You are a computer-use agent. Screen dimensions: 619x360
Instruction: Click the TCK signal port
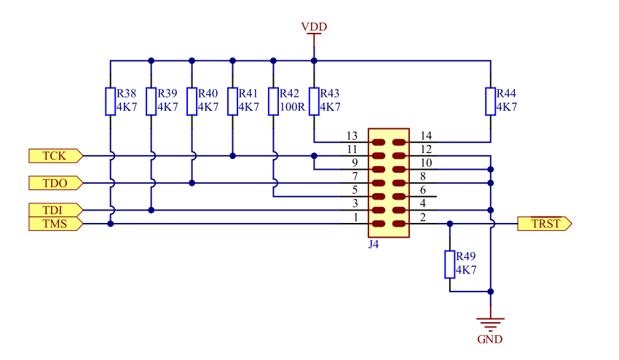click(x=55, y=156)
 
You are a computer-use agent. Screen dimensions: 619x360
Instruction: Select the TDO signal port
click(x=55, y=183)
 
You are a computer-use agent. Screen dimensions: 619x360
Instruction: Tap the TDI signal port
click(x=55, y=210)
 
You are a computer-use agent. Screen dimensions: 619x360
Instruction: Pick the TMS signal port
click(x=55, y=224)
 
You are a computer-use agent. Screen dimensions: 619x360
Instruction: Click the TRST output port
click(x=545, y=224)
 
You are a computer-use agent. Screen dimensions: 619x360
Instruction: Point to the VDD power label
click(x=315, y=27)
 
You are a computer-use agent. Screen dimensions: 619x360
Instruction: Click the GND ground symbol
click(x=490, y=324)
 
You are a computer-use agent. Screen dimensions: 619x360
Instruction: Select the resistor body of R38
click(x=110, y=101)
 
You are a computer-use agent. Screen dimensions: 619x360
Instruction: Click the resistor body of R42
click(x=273, y=101)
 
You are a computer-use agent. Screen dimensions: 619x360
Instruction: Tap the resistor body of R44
click(x=490, y=101)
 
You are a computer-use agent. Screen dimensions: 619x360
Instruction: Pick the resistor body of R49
click(x=449, y=265)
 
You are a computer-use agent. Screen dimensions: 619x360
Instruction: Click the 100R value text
click(x=293, y=107)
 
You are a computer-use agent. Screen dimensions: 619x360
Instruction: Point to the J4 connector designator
click(x=374, y=244)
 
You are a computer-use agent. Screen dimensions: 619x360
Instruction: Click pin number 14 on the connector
click(x=426, y=136)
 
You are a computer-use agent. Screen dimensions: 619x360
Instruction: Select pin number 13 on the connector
click(x=352, y=136)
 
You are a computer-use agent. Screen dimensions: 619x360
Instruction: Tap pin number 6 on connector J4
click(x=423, y=190)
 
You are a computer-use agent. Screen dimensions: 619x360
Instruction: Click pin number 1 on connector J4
click(x=355, y=217)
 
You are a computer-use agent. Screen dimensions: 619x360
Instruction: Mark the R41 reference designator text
click(x=248, y=94)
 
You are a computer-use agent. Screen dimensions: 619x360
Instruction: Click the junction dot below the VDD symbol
click(x=314, y=61)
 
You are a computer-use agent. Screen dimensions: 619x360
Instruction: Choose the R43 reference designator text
click(x=330, y=94)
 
